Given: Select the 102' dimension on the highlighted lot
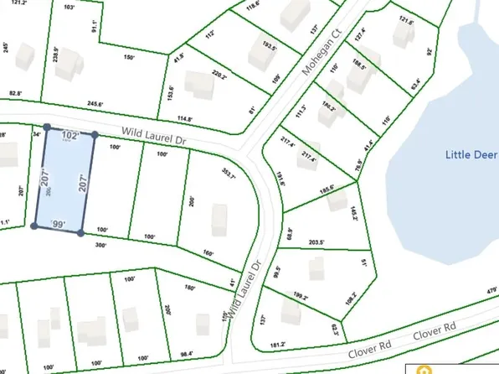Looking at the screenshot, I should click(x=69, y=134).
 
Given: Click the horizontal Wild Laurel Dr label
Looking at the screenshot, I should click(x=153, y=132).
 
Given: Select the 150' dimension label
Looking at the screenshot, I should click(x=130, y=57).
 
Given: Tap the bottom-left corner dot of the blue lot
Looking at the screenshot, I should click(x=33, y=226).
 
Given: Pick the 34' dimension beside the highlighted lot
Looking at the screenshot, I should click(x=36, y=132).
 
